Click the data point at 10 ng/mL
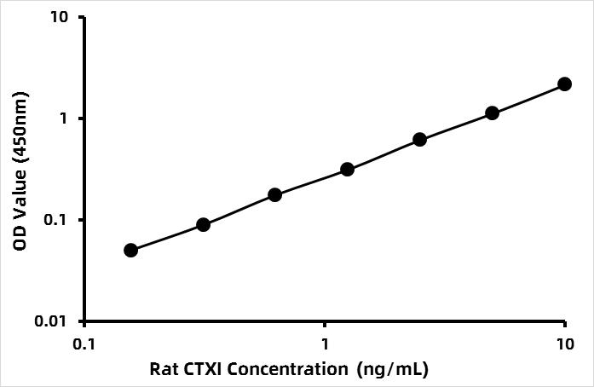click(x=564, y=84)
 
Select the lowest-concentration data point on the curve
click(x=130, y=250)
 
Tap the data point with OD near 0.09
click(x=203, y=224)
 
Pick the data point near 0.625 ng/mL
click(x=274, y=194)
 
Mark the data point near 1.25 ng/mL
click(x=347, y=169)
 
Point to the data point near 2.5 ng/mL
click(x=419, y=139)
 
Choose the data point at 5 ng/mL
click(x=492, y=113)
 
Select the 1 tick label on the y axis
click(x=67, y=118)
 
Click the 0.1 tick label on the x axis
click(x=84, y=344)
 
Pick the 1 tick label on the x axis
click(x=324, y=344)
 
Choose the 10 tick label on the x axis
click(x=564, y=344)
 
